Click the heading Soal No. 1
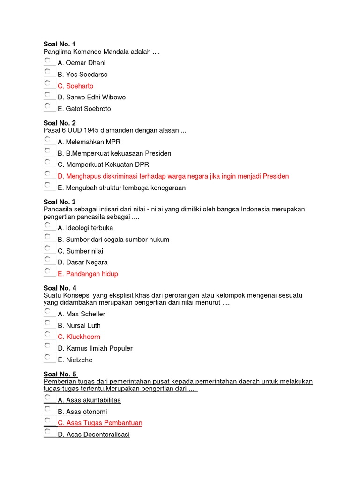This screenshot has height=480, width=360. [59, 44]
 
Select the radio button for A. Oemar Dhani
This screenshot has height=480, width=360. [47, 60]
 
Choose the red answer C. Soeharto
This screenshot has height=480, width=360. [75, 86]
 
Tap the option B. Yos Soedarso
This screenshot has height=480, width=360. [82, 74]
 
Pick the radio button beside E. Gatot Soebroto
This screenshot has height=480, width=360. [47, 106]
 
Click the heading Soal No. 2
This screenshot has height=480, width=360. [60, 123]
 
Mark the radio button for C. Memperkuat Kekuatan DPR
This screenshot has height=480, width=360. [47, 162]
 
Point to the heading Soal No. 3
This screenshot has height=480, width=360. [60, 202]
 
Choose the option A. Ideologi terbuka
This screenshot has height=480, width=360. [85, 228]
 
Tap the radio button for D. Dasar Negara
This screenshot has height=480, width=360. [47, 260]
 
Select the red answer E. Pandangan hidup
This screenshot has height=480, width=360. [88, 274]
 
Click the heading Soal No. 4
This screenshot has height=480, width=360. [60, 288]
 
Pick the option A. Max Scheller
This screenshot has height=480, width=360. [82, 314]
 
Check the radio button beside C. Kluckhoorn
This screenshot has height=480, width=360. [47, 334]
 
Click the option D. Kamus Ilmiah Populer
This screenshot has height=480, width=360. [95, 348]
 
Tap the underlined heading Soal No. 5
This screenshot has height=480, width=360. [60, 374]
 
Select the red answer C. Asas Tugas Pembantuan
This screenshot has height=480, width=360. [100, 423]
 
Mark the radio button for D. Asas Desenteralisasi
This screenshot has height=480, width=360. [47, 432]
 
